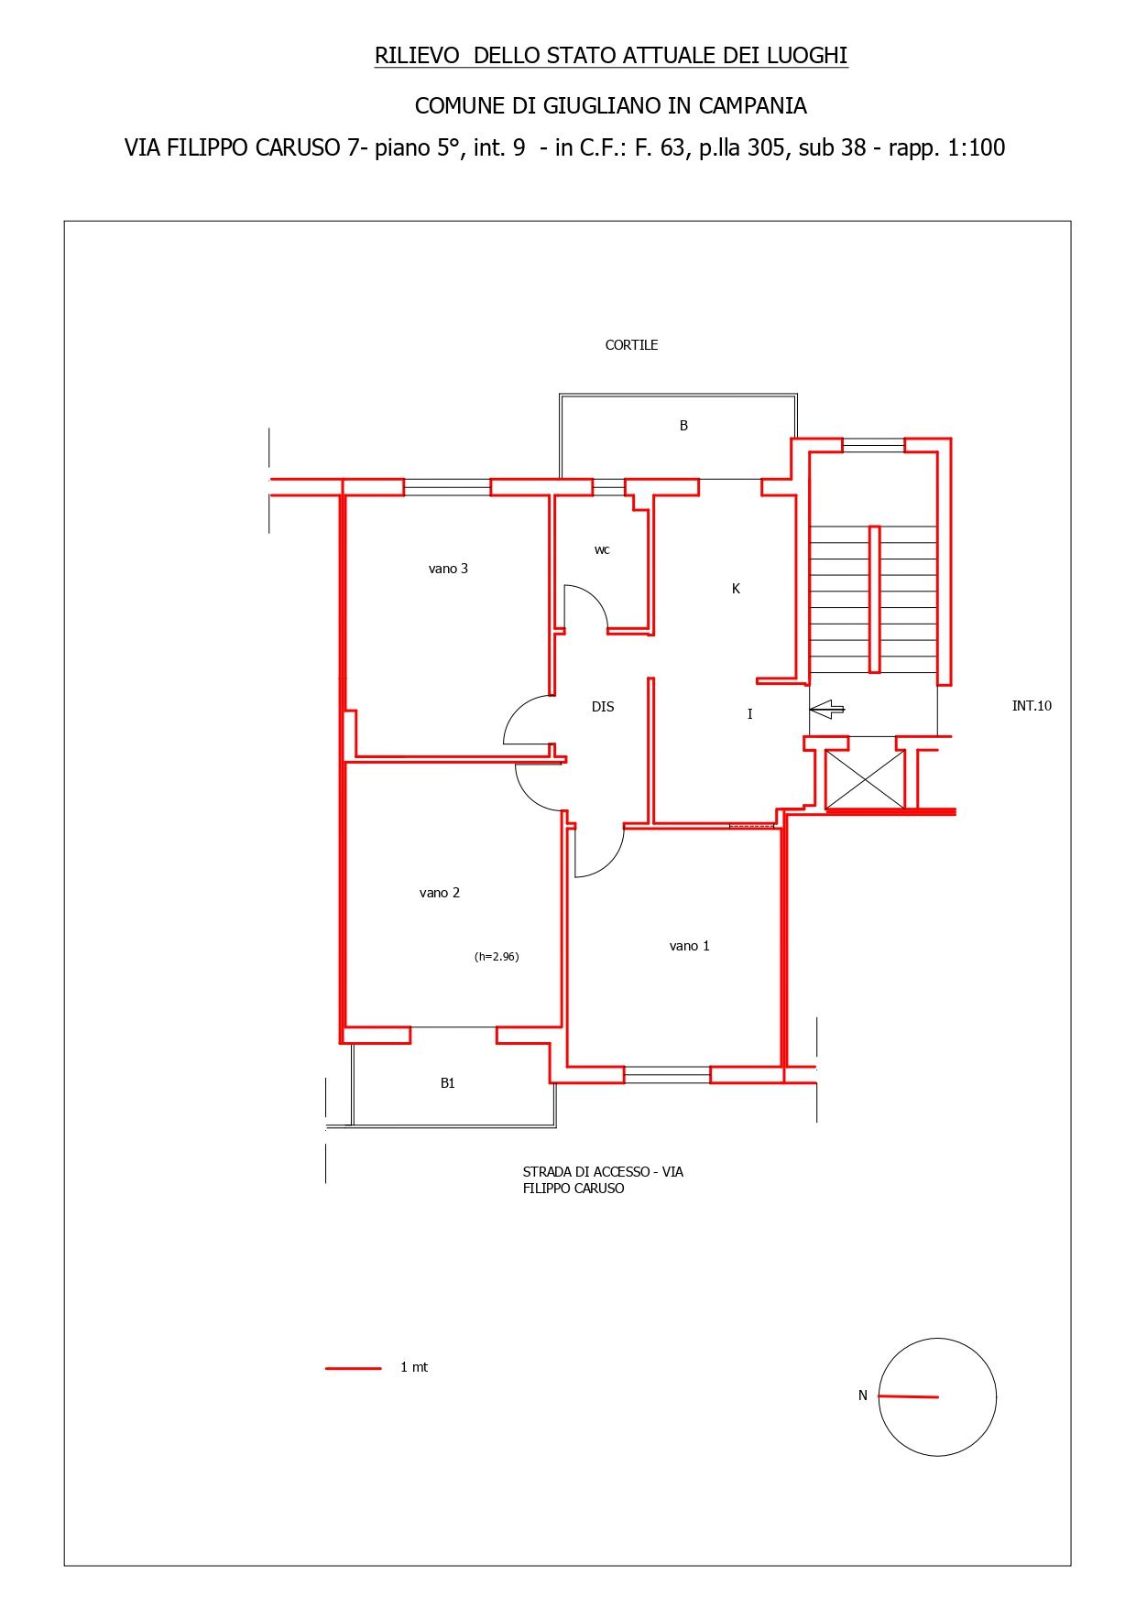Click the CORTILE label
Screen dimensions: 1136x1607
click(631, 345)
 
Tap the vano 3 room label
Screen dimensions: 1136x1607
click(448, 569)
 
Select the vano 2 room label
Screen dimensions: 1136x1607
click(440, 893)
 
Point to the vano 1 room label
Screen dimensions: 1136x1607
click(690, 946)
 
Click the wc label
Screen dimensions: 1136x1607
click(602, 550)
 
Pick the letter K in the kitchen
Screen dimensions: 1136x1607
click(736, 589)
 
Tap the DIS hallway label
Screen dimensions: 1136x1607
click(603, 707)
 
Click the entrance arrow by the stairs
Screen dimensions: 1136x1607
click(827, 708)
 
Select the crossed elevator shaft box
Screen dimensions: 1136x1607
click(865, 779)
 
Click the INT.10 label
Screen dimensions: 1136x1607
click(1032, 706)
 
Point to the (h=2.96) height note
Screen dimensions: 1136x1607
click(497, 957)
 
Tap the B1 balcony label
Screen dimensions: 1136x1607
click(448, 1083)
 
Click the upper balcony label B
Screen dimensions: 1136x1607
click(683, 426)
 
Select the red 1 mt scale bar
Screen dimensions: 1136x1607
click(354, 1368)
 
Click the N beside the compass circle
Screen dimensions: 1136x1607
click(863, 1395)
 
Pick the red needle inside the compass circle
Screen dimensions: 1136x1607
click(909, 1396)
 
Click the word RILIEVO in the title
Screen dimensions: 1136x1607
click(417, 56)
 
